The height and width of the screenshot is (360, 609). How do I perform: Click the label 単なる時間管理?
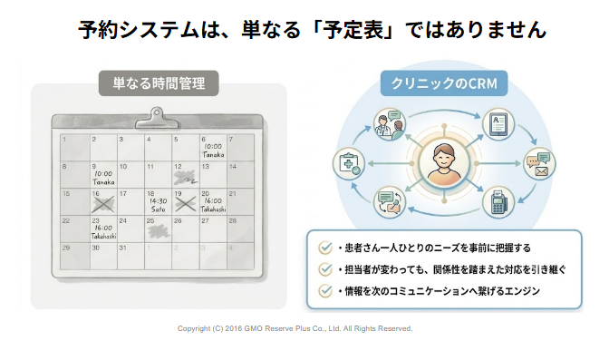pyautogui.click(x=159, y=83)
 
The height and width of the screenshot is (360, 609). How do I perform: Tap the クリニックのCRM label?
pyautogui.click(x=444, y=83)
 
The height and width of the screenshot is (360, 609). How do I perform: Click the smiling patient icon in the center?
pyautogui.click(x=443, y=163)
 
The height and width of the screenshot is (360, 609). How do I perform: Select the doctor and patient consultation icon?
pyautogui.click(x=389, y=124)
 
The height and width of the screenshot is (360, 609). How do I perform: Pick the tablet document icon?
pyautogui.click(x=498, y=124)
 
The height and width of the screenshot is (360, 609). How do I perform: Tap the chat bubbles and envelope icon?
pyautogui.click(x=539, y=163)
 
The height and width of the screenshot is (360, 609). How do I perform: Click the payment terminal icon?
pyautogui.click(x=498, y=202)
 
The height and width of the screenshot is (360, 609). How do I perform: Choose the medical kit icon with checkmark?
pyautogui.click(x=349, y=163)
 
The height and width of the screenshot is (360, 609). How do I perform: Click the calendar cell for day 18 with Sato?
pyautogui.click(x=158, y=202)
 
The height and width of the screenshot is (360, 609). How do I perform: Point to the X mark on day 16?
pyautogui.click(x=103, y=205)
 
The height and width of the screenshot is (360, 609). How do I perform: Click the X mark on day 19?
pyautogui.click(x=185, y=204)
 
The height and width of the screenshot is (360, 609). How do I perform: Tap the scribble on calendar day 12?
pyautogui.click(x=185, y=178)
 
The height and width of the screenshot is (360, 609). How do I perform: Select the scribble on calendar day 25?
pyautogui.click(x=158, y=232)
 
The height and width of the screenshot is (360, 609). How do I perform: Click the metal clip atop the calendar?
pyautogui.click(x=157, y=119)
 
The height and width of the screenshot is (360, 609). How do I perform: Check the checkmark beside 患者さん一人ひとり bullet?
pyautogui.click(x=325, y=248)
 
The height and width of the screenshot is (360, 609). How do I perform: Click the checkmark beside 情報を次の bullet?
pyautogui.click(x=325, y=290)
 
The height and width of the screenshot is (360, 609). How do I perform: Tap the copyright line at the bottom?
pyautogui.click(x=295, y=328)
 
